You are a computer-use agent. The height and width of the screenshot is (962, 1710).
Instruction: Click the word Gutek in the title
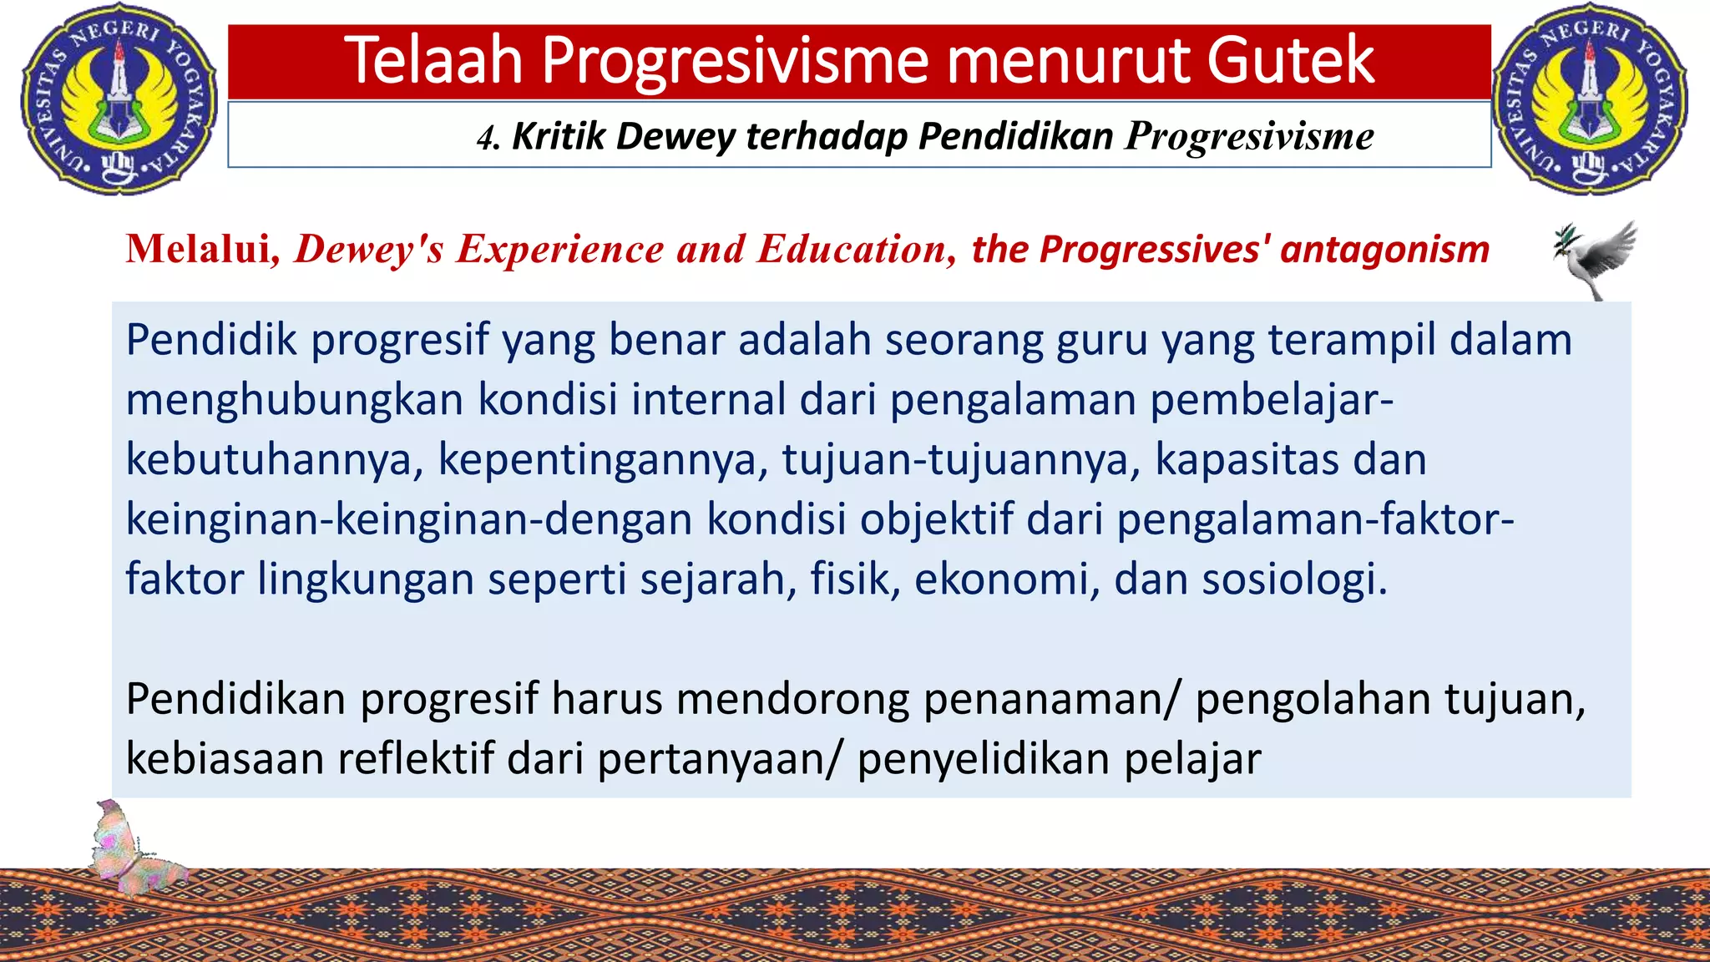click(1290, 60)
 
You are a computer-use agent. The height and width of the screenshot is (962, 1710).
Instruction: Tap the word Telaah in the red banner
click(433, 60)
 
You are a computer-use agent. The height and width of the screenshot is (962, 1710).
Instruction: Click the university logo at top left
click(118, 99)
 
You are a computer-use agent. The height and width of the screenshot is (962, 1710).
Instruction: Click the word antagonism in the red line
click(1384, 249)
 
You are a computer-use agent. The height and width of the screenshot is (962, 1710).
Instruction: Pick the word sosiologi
click(1293, 579)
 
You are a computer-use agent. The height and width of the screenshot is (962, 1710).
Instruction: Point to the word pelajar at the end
click(1191, 759)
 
